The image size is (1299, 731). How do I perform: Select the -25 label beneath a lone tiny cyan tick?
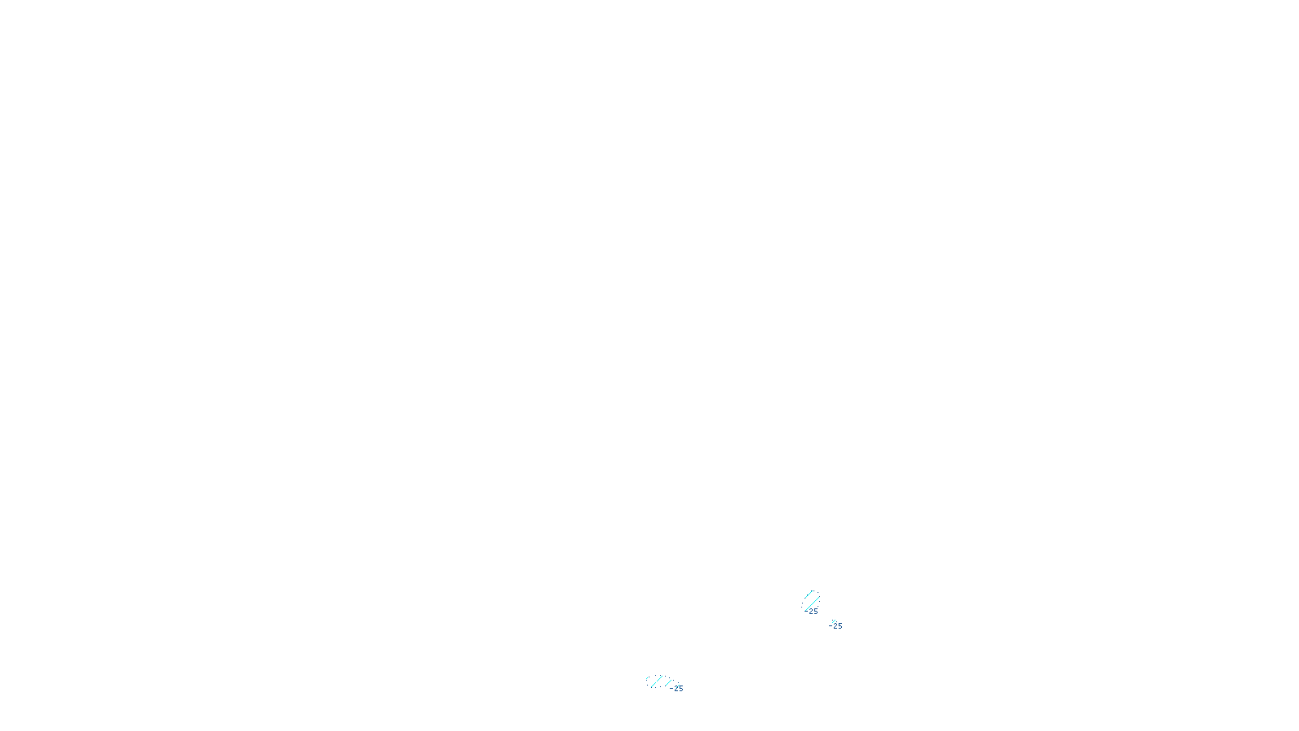click(836, 626)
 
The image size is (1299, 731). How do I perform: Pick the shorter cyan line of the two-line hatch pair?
click(809, 595)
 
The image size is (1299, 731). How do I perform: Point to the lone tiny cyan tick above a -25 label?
click(833, 621)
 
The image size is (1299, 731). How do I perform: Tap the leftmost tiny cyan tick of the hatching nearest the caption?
click(648, 678)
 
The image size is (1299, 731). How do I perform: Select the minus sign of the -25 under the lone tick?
click(830, 626)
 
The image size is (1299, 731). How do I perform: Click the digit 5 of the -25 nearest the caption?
click(680, 689)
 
